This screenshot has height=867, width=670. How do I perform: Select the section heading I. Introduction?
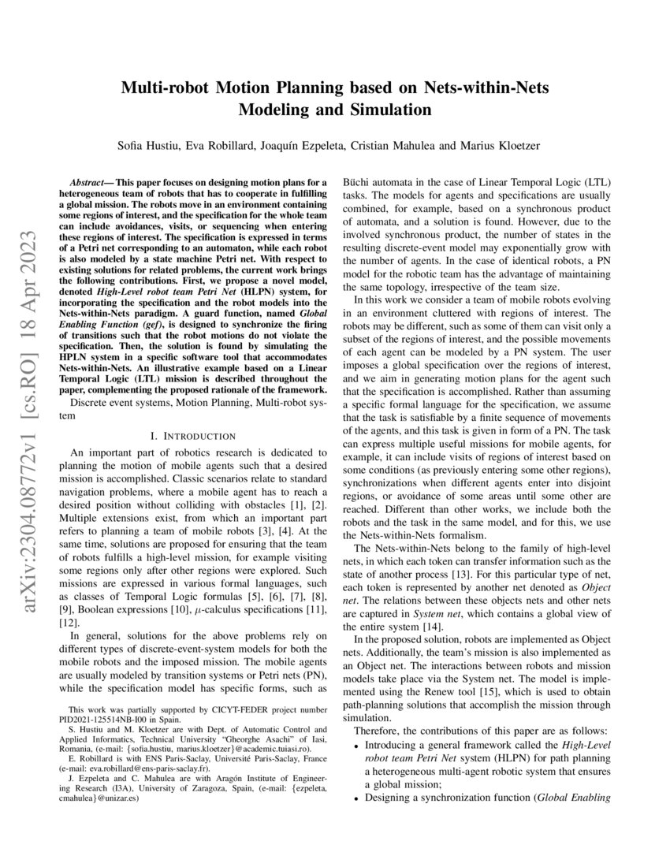192,436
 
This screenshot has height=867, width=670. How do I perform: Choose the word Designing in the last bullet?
390,797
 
